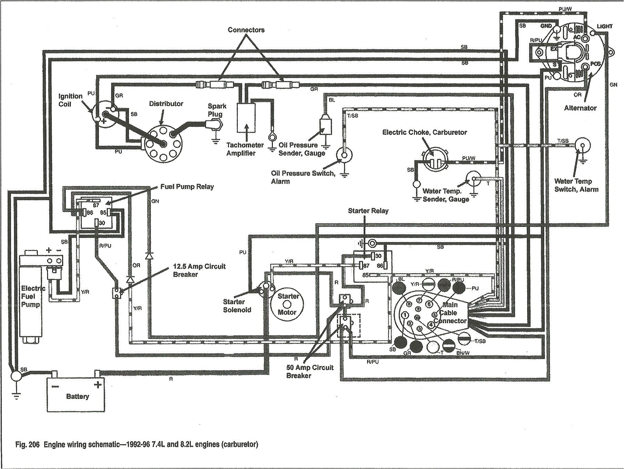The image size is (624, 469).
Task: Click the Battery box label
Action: pyautogui.click(x=78, y=396)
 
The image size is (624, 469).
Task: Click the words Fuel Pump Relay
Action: pyautogui.click(x=187, y=187)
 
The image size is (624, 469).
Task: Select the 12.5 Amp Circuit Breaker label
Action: pyautogui.click(x=199, y=270)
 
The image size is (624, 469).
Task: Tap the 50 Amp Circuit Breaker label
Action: pyautogui.click(x=310, y=371)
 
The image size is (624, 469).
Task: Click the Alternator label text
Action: pyautogui.click(x=580, y=108)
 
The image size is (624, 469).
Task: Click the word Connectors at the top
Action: pyautogui.click(x=246, y=30)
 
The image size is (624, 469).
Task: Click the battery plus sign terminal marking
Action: pyautogui.click(x=98, y=384)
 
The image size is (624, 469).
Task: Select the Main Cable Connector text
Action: pyautogui.click(x=450, y=313)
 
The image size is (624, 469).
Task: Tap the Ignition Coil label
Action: pyautogui.click(x=70, y=100)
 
